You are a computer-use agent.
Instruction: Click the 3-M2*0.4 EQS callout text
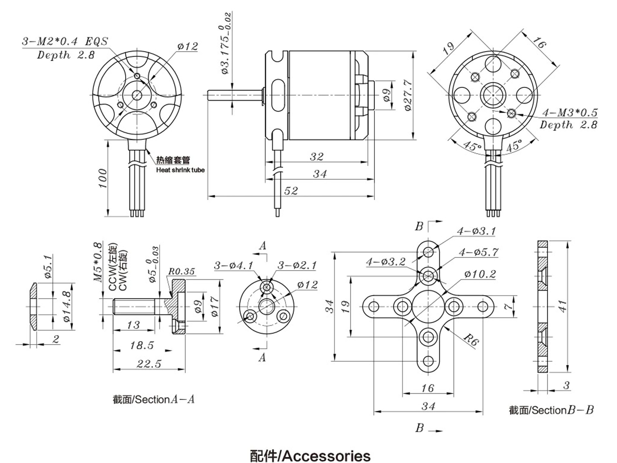pos(65,42)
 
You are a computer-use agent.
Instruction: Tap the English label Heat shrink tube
pos(180,170)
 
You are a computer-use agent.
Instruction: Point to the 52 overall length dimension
pos(291,191)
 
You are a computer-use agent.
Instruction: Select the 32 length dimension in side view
pos(317,157)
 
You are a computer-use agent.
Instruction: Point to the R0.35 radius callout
pos(182,271)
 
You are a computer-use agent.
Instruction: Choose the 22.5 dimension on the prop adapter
pos(149,364)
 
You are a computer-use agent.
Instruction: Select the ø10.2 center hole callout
pos(480,274)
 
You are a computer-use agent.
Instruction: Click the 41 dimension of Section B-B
pos(563,306)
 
